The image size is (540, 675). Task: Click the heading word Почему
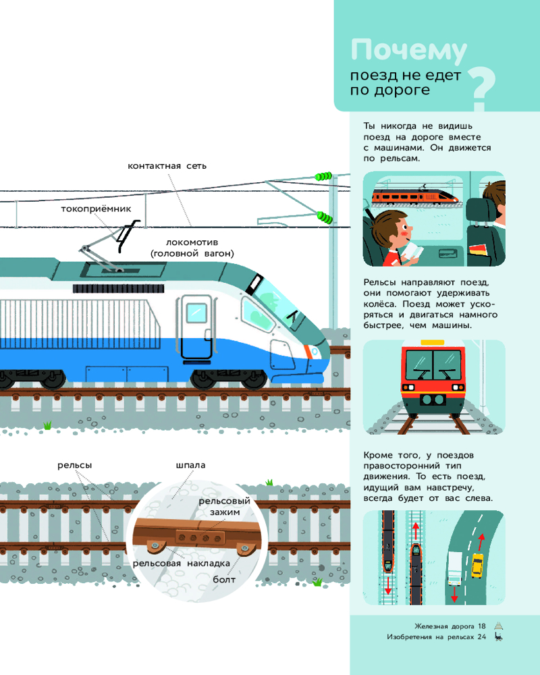[409, 52]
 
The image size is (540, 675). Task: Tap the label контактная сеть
[167, 165]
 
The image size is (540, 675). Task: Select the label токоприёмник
[95, 209]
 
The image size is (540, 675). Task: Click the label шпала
[190, 465]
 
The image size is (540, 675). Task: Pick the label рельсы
[74, 465]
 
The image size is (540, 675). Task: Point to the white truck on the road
[455, 568]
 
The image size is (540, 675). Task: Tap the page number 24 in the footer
[481, 637]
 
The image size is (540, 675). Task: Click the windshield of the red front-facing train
[432, 365]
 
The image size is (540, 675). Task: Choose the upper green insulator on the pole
[322, 176]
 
